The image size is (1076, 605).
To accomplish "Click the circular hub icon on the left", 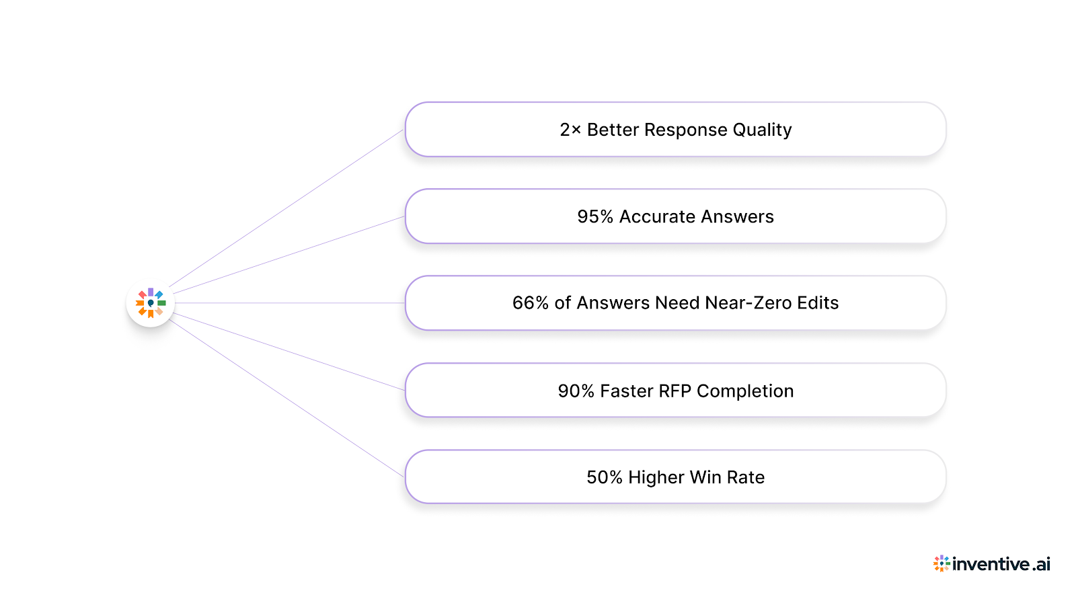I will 151,303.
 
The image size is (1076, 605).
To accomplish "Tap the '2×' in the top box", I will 570,130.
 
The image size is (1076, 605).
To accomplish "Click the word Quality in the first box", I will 762,130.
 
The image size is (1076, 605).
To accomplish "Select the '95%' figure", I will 595,216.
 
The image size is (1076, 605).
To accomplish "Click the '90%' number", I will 576,391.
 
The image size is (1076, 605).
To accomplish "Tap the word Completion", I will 745,391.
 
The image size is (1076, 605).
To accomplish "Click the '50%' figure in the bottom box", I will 605,477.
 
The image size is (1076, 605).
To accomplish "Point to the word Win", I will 705,477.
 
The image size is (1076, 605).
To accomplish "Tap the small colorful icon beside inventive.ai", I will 941,563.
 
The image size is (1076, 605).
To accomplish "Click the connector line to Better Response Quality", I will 286,209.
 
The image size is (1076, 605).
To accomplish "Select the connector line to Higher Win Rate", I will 286,398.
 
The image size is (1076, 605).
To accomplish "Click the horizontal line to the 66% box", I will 289,303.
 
